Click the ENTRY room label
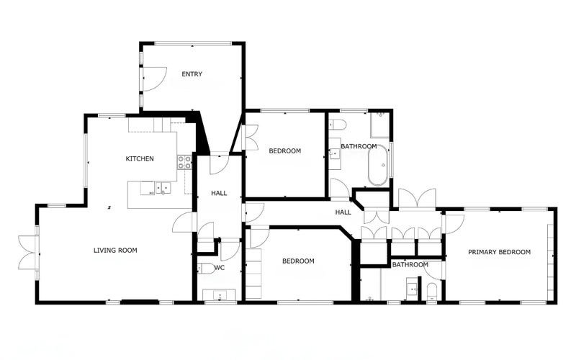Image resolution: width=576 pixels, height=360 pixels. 192,74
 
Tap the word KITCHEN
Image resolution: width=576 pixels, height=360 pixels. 140,158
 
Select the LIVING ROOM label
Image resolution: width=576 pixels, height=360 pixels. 115,251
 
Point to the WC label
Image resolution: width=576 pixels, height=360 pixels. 220,268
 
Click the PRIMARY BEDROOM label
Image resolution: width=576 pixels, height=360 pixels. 499,252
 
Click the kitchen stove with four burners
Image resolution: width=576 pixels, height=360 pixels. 184,163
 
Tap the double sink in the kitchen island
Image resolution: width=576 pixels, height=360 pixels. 160,189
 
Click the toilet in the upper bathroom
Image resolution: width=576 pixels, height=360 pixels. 338,125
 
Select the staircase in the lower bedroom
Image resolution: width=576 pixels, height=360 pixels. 254,274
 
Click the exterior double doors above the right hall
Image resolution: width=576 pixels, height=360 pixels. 417,198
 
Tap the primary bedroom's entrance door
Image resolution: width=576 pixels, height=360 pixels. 454,222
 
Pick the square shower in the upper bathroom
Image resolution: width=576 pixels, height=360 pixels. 379,126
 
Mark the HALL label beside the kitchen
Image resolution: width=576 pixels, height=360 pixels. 219,194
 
